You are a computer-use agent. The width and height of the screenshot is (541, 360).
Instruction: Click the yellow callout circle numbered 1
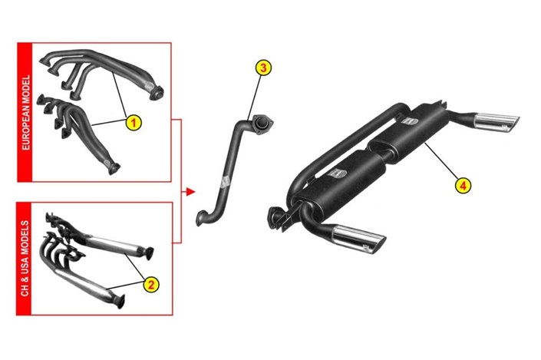click(134, 121)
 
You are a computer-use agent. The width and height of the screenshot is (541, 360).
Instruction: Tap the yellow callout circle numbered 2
click(151, 285)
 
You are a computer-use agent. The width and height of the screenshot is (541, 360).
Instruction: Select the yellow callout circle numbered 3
click(262, 68)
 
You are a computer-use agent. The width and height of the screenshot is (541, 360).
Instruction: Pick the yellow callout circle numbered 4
click(463, 184)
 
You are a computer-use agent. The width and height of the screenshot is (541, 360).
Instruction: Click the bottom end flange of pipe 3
click(202, 217)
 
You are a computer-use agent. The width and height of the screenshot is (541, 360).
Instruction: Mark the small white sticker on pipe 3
click(224, 182)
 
